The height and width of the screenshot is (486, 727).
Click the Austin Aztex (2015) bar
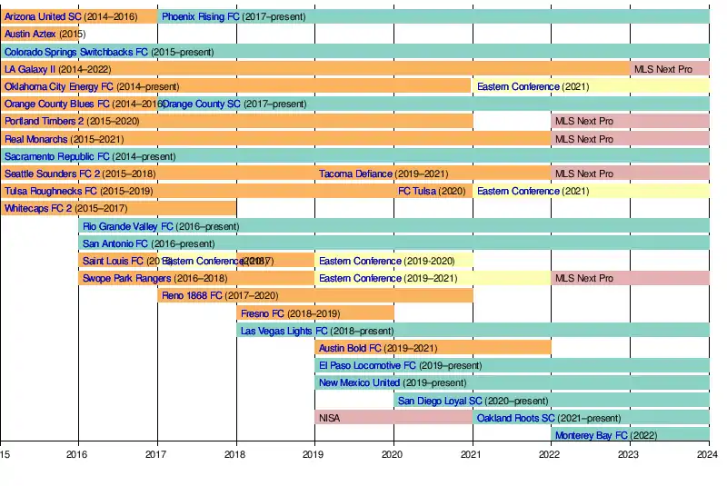(x=40, y=34)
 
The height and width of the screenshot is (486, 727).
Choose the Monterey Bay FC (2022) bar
(x=629, y=435)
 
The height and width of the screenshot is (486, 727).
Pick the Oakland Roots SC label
(x=515, y=418)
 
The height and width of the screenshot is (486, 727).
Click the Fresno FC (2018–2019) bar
(x=314, y=313)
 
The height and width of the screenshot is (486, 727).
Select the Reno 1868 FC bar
(x=314, y=295)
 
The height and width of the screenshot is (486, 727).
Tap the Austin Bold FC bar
(x=433, y=348)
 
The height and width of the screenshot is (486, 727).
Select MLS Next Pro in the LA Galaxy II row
(x=669, y=69)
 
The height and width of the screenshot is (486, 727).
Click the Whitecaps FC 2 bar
(x=118, y=208)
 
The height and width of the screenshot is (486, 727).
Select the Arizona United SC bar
(x=78, y=16)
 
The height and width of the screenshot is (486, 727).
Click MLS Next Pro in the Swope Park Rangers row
(x=629, y=278)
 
